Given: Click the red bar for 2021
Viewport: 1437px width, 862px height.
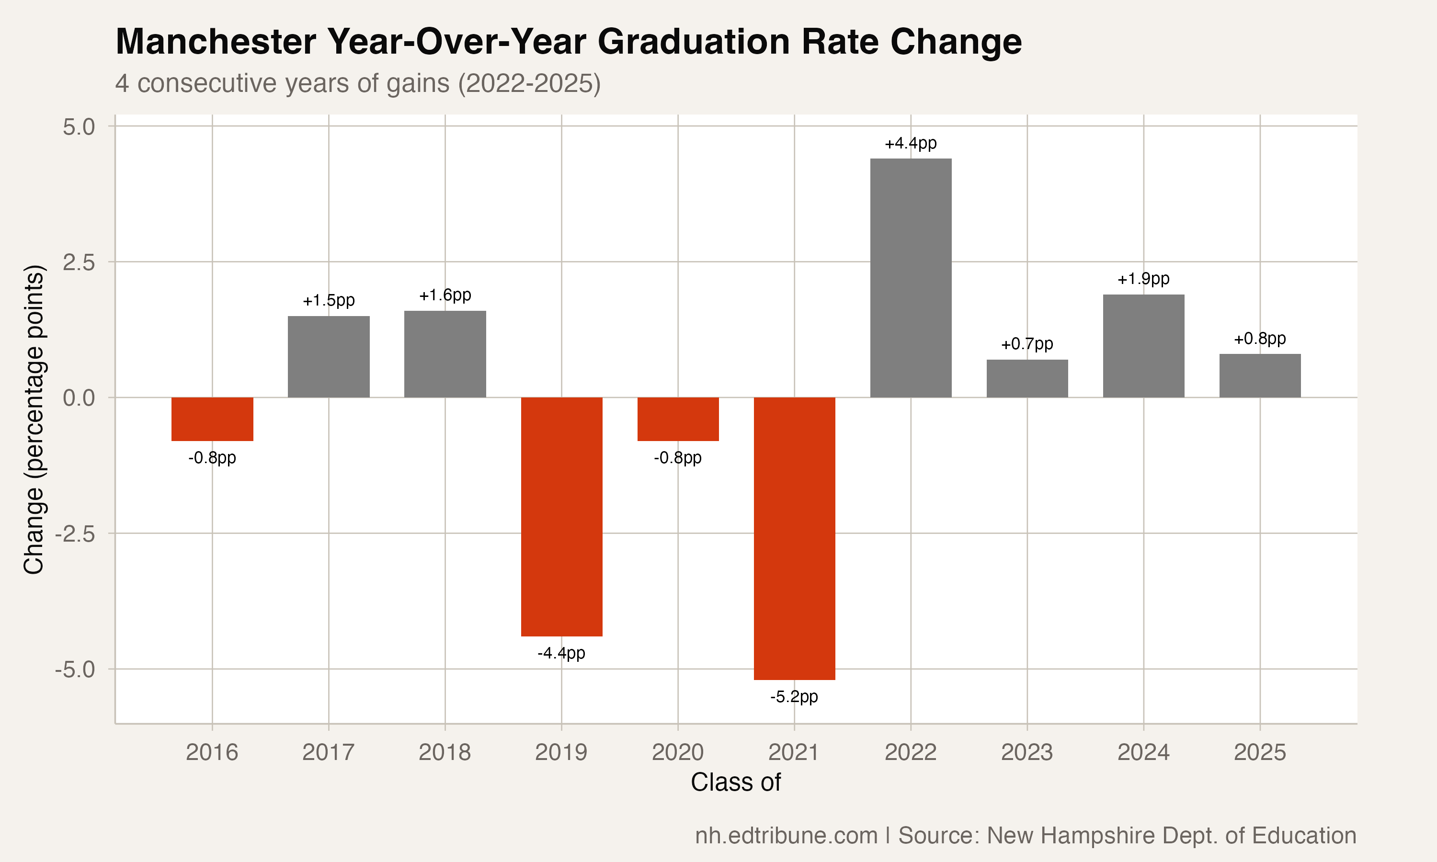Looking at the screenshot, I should pos(794,538).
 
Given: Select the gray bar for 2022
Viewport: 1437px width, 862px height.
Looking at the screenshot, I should pos(910,278).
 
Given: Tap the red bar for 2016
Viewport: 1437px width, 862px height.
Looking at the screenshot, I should pos(212,419).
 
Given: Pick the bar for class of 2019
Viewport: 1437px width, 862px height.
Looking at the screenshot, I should pos(561,516).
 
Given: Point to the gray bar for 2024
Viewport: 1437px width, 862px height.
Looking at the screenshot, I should pos(1143,346).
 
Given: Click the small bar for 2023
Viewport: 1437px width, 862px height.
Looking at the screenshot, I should pos(1027,378).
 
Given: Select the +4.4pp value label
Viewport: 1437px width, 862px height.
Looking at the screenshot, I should pos(910,144).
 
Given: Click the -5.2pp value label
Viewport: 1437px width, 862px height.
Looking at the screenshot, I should pos(794,696).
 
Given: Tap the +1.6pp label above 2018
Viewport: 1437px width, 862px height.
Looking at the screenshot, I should pos(445,295).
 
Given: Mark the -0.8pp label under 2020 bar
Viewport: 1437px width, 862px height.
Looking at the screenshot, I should pos(677,458).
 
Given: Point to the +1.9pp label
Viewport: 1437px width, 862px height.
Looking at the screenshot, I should pos(1143,279).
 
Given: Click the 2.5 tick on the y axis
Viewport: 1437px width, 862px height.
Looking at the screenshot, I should pos(79,262).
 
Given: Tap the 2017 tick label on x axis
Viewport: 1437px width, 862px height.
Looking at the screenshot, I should pos(328,753).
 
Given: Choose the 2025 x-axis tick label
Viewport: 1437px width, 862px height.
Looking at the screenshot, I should pos(1259,753).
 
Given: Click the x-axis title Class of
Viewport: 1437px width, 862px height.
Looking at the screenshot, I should pos(735,783).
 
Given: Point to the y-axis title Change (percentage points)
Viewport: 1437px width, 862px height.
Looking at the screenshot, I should pos(34,420).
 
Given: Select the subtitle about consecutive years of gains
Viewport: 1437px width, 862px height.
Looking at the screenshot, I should pos(357,83).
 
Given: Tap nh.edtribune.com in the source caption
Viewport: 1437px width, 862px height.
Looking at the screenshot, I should pos(786,835).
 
